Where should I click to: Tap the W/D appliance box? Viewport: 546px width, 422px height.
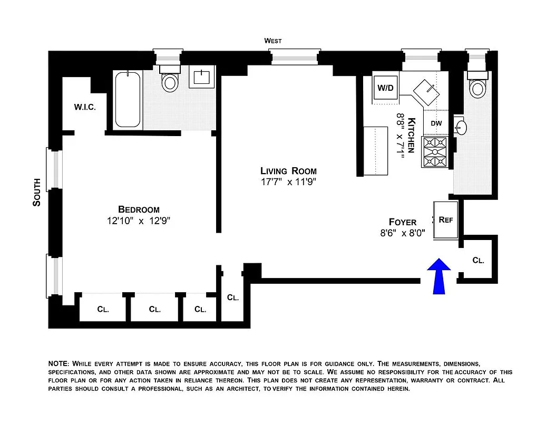coord(386,88)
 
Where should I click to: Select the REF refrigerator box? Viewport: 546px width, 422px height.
coord(446,220)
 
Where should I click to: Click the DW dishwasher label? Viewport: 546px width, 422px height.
coord(436,123)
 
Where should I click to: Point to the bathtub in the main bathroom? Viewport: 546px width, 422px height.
coord(128,100)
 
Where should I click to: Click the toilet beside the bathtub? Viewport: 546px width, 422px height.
coord(170,82)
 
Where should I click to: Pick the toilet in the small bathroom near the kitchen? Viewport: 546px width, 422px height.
coord(477,87)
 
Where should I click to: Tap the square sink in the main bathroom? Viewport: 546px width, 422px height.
coord(202,78)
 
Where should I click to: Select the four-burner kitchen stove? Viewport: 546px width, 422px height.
coord(434,152)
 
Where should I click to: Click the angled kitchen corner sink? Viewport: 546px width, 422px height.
coord(426,91)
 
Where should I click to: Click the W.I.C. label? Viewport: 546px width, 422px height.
coord(84,107)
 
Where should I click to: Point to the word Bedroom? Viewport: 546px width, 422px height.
coord(139,209)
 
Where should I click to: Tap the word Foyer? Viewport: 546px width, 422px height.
coord(403,222)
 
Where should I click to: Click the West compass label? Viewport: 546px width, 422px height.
coord(273,41)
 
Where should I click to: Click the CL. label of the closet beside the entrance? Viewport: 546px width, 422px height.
coord(478,260)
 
